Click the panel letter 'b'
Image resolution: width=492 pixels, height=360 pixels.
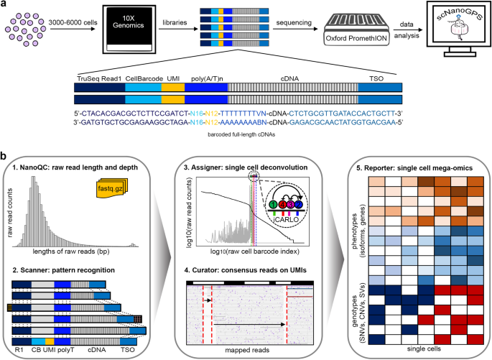[x=5, y=155]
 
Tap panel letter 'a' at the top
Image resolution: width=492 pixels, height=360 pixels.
[x=5, y=5]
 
